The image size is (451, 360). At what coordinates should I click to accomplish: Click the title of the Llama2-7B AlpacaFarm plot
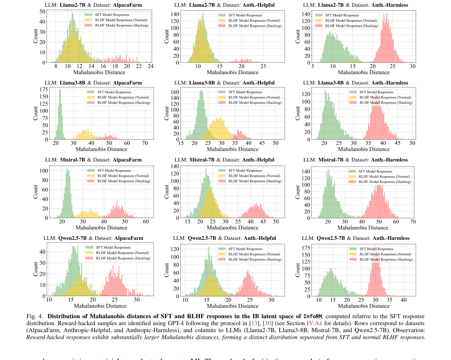click(93, 5)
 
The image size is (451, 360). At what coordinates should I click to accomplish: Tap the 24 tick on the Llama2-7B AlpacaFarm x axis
click(151, 66)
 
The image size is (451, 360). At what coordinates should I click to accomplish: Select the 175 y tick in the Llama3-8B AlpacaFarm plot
click(44, 89)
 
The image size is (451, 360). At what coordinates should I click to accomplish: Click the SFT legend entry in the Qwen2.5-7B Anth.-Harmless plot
click(376, 249)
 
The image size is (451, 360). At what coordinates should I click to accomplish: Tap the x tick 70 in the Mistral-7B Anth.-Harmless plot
click(413, 222)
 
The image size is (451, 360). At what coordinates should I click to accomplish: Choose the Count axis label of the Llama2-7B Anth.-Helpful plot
click(167, 37)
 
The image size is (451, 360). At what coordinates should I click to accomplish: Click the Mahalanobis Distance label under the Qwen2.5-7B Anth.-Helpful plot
click(232, 306)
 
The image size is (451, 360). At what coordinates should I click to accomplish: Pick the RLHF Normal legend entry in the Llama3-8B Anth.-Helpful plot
click(254, 97)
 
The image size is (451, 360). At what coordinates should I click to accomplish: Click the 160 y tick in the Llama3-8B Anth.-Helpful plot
click(175, 92)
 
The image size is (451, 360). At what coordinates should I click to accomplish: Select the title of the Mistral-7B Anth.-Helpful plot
click(224, 160)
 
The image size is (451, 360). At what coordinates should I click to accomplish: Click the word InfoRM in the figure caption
click(312, 316)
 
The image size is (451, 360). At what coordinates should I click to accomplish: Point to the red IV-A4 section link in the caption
click(314, 323)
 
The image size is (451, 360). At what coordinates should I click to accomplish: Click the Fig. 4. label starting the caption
click(35, 316)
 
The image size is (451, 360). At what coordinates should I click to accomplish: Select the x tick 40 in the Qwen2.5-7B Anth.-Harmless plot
click(404, 300)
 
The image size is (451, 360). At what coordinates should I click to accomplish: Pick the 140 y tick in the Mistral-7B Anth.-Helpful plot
click(175, 166)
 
